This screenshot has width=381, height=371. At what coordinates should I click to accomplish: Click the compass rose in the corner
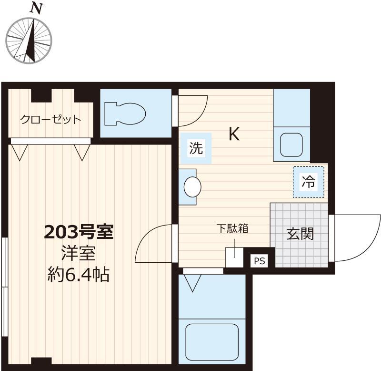pos(29,39)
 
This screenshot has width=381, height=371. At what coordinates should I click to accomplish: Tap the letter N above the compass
pos(35,8)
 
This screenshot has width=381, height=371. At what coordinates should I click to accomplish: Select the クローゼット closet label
pos(50,119)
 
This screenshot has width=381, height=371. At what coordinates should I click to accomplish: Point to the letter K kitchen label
pos(234,134)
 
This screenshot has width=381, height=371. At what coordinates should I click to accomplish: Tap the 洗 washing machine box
pos(196,148)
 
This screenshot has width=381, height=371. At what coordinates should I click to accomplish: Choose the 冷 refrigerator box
pos(308,181)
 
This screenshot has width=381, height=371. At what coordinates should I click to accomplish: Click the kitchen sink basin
pos(291,144)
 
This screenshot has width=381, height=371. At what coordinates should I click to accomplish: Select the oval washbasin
pos(192,186)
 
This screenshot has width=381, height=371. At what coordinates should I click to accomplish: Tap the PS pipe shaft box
pos(258,261)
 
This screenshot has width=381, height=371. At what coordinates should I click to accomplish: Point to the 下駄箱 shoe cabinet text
pos(233,228)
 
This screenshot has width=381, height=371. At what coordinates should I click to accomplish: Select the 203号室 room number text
pos(78,233)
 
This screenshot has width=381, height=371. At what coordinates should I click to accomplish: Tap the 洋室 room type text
pos(78,253)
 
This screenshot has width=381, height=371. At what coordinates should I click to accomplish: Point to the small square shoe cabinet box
pos(234,258)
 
